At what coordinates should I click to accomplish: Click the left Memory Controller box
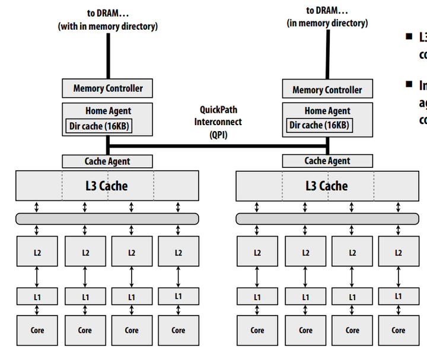[107, 88]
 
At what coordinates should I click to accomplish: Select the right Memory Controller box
[327, 90]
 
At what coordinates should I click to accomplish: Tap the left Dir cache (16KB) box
[99, 125]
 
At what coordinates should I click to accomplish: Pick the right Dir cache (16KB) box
[319, 125]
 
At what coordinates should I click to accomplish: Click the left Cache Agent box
[107, 161]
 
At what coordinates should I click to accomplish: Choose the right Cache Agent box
[327, 161]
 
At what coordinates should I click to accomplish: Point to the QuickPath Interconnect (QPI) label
[218, 122]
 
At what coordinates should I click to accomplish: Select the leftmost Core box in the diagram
[37, 330]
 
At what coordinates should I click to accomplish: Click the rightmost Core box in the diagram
[398, 330]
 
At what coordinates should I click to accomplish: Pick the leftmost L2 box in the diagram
[37, 253]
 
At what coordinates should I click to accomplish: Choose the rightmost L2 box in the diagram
[398, 253]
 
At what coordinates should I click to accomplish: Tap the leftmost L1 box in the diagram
[37, 297]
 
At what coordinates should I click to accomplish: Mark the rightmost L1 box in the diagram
[398, 296]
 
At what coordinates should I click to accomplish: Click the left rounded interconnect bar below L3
[107, 219]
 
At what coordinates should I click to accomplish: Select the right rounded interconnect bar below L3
[327, 219]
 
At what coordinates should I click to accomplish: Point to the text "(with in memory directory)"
[107, 26]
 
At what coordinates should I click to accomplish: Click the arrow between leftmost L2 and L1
[37, 276]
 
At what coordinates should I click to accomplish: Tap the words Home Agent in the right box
[327, 111]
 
